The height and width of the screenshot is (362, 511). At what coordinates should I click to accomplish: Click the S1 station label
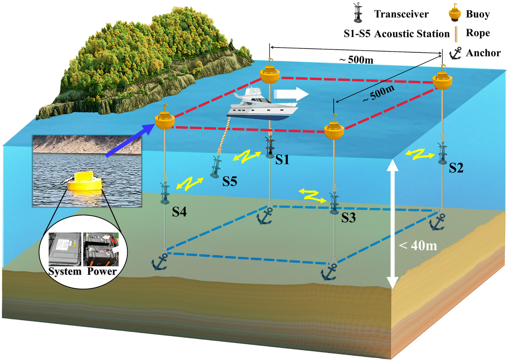[282, 160]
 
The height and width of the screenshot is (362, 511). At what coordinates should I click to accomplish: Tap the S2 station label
[456, 168]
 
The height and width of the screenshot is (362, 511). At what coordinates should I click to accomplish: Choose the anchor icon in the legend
[456, 54]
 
